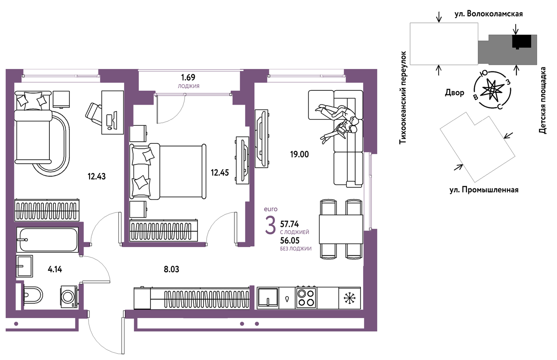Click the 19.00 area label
pyautogui.click(x=299, y=154)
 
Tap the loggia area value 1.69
pyautogui.click(x=188, y=77)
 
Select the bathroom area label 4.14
pyautogui.click(x=55, y=269)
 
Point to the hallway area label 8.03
pyautogui.click(x=171, y=269)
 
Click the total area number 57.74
pyautogui.click(x=289, y=224)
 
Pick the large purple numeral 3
pyautogui.click(x=270, y=225)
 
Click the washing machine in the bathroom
pyautogui.click(x=69, y=297)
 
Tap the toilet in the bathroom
pyautogui.click(x=33, y=295)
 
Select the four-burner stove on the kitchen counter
pyautogui.click(x=306, y=298)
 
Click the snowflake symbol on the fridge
pyautogui.click(x=349, y=298)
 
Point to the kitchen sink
pyautogui.click(x=268, y=298)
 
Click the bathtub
pyautogui.click(x=47, y=240)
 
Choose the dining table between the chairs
pyautogui.click(x=341, y=229)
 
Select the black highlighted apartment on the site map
pyautogui.click(x=522, y=41)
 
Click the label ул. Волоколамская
pyautogui.click(x=489, y=14)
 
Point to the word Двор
pyautogui.click(x=455, y=93)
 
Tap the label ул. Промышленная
pyautogui.click(x=484, y=190)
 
